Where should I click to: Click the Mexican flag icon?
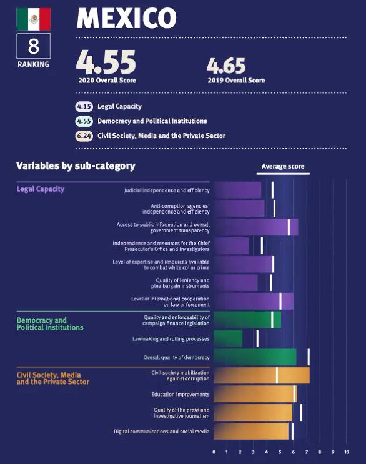click(34, 19)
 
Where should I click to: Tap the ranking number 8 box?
click(34, 46)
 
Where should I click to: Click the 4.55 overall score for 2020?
click(106, 62)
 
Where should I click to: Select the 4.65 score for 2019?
click(226, 66)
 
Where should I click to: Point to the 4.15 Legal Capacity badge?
click(84, 107)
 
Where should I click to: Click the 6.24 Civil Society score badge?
click(84, 136)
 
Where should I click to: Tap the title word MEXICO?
click(127, 18)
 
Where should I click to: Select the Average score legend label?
click(283, 167)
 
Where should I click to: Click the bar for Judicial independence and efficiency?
click(237, 190)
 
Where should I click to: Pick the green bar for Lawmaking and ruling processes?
click(228, 338)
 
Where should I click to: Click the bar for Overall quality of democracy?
click(255, 357)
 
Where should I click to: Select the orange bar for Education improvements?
click(255, 394)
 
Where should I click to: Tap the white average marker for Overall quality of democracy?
click(309, 357)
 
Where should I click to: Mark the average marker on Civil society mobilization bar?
click(277, 375)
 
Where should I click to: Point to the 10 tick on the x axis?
click(347, 452)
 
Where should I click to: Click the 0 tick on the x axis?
click(214, 452)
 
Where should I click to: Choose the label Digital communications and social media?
click(162, 432)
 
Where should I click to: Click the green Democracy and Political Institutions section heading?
click(50, 323)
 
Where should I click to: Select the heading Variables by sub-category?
click(76, 166)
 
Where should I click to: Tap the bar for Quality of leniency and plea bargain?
click(235, 283)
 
